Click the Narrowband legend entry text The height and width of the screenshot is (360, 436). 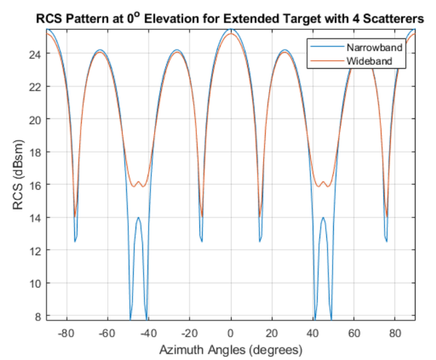(373, 47)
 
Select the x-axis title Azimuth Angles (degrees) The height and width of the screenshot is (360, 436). (231, 349)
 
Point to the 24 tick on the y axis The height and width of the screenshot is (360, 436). (36, 53)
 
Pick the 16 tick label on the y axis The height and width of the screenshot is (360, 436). (36, 185)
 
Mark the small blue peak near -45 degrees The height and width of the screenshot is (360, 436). (138, 217)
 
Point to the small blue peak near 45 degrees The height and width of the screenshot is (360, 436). (323, 217)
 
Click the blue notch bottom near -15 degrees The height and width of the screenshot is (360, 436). (201, 241)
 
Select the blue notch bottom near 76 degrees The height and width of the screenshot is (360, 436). (387, 241)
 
